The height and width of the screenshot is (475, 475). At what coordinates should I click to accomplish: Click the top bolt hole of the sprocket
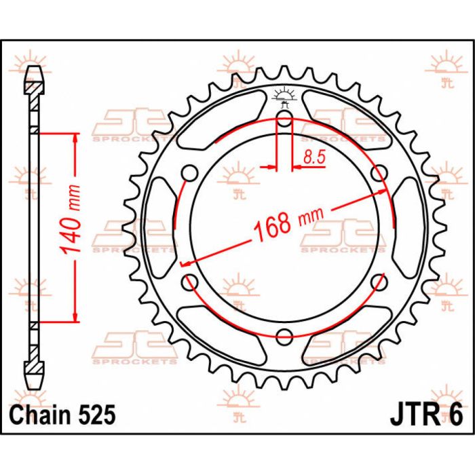(x=285, y=121)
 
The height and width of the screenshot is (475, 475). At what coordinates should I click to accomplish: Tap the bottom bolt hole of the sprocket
(x=285, y=335)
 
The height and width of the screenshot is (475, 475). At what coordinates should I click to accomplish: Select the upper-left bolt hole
(x=191, y=174)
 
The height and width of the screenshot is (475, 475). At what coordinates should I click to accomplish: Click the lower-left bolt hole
(x=191, y=281)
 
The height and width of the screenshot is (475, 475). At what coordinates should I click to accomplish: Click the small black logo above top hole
(x=284, y=97)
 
